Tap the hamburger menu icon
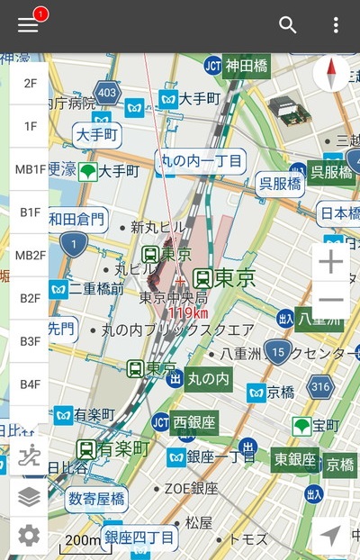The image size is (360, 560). (28, 25)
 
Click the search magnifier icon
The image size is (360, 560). (288, 25)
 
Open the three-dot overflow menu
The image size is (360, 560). (336, 25)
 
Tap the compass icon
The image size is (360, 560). (331, 74)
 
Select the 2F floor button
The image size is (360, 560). (30, 83)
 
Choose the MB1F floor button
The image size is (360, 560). (30, 169)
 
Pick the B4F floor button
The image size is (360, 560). (30, 384)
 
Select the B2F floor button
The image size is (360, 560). (30, 298)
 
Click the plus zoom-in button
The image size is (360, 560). (331, 262)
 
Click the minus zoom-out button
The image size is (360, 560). (331, 301)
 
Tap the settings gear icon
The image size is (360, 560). (29, 537)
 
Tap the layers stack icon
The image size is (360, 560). (29, 496)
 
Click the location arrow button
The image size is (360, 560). (330, 536)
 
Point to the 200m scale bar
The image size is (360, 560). (81, 541)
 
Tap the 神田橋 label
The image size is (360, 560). (248, 65)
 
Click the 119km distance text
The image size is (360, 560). (188, 313)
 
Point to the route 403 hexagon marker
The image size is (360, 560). (108, 91)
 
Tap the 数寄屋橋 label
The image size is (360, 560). (97, 498)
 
